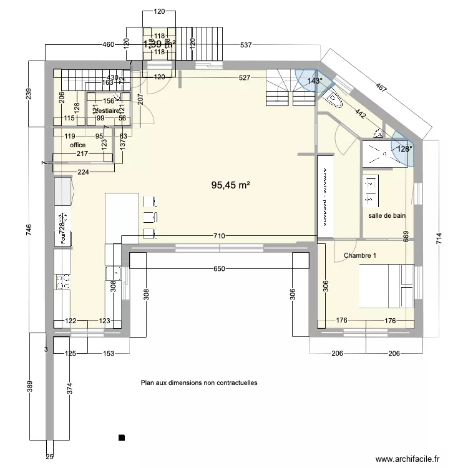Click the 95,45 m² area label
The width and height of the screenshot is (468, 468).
pos(231,185)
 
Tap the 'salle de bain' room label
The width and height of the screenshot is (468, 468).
pos(387,216)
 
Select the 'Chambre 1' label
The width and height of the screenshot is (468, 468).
pos(361,256)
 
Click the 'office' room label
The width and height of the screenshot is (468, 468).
pos(78,145)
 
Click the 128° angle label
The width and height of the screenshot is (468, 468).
pos(405,149)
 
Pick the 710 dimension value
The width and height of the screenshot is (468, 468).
pos(219,236)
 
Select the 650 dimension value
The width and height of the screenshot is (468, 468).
pos(219,269)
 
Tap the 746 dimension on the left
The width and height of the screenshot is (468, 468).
pos(27,230)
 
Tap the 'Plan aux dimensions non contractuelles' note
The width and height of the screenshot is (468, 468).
pos(199,383)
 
